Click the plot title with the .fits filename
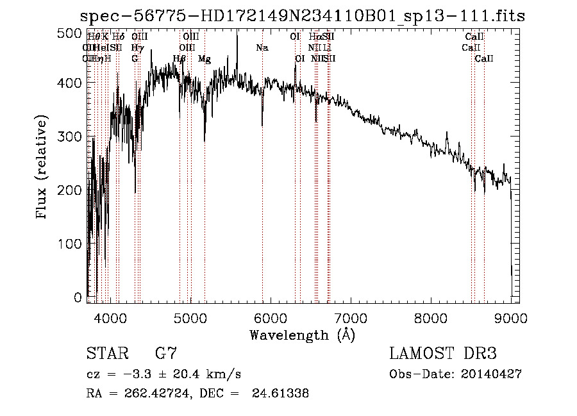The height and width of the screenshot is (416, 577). (302, 16)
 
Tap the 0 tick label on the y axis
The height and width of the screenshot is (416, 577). (78, 297)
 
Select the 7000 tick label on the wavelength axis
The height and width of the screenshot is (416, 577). (350, 317)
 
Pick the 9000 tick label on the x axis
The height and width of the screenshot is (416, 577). (510, 317)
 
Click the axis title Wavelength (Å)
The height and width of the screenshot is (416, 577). (302, 335)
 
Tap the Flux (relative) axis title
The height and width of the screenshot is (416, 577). (43, 168)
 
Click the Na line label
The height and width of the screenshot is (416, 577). (262, 47)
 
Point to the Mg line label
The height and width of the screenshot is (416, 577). (205, 58)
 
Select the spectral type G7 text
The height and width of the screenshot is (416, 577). (166, 354)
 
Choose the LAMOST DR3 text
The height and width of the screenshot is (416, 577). (443, 354)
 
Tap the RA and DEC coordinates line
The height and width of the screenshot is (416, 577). (197, 394)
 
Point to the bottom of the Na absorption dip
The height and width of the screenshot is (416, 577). (262, 126)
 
